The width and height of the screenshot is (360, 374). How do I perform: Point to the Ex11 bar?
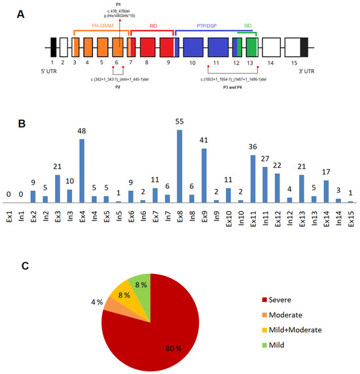click(253, 178)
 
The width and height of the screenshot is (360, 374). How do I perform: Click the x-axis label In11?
click(265, 214)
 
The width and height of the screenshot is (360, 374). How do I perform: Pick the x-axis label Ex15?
click(351, 214)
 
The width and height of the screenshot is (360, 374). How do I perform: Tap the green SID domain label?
click(246, 24)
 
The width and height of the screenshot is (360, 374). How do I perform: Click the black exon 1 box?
click(53, 47)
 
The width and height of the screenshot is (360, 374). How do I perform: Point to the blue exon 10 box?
click(192, 47)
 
